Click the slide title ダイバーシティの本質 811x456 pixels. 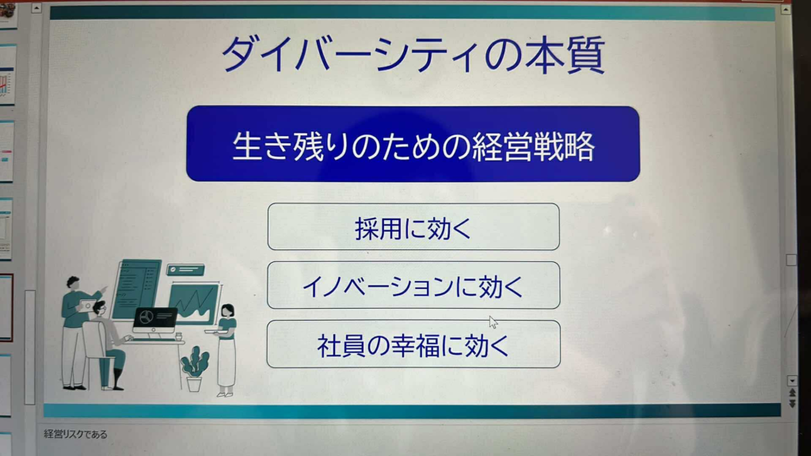[413, 55]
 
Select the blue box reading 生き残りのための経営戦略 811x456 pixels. [413, 144]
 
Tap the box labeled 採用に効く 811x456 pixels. [413, 227]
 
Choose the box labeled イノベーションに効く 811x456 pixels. [413, 285]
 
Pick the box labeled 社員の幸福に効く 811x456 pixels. [413, 344]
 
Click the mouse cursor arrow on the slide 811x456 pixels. [493, 322]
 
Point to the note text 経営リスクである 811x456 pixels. [75, 435]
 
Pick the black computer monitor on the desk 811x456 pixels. [154, 319]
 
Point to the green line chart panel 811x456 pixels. [193, 303]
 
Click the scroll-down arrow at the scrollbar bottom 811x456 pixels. [792, 381]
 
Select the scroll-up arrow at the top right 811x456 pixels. [786, 9]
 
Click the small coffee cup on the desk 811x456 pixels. [178, 336]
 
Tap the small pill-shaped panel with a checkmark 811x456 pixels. [185, 269]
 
